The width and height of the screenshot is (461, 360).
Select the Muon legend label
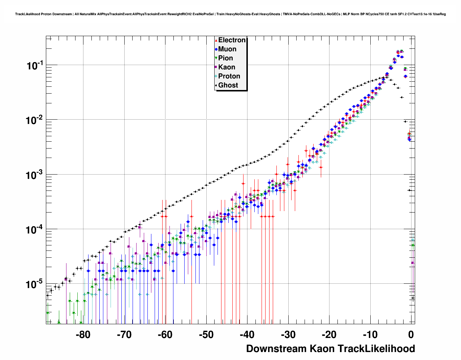[x=227, y=49]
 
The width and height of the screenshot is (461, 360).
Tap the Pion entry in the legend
[x=225, y=58]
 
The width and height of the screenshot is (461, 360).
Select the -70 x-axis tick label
[x=124, y=335]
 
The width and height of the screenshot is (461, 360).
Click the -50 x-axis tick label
[x=206, y=335]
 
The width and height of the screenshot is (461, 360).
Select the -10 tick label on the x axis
[x=370, y=335]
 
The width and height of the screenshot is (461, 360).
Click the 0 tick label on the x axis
[x=411, y=335]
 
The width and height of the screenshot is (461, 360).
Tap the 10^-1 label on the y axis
[x=35, y=65]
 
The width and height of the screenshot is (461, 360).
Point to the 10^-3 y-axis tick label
[x=35, y=175]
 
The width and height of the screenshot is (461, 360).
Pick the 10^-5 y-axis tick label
[x=35, y=284]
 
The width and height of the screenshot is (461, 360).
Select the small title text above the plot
[x=231, y=14]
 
